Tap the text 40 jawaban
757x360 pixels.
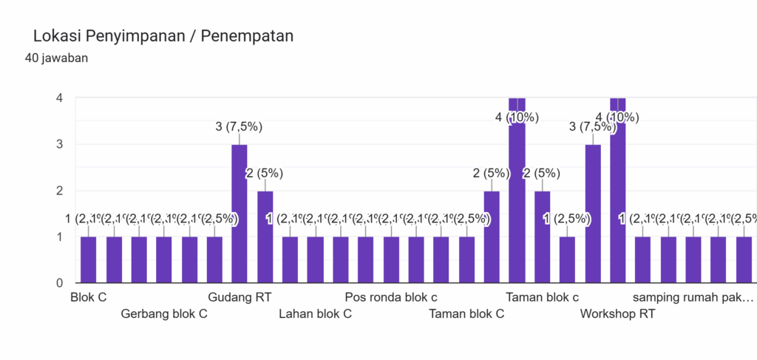[57, 58]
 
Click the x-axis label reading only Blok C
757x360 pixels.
[88, 297]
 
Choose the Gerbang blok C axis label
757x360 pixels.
[164, 313]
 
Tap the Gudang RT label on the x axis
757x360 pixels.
[240, 297]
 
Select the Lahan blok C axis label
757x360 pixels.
[315, 313]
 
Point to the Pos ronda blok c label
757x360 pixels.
[391, 297]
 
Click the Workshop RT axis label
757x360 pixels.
[617, 313]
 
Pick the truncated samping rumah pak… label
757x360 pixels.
[693, 297]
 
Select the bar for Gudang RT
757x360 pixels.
[240, 214]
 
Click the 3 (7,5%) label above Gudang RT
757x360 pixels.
[239, 126]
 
